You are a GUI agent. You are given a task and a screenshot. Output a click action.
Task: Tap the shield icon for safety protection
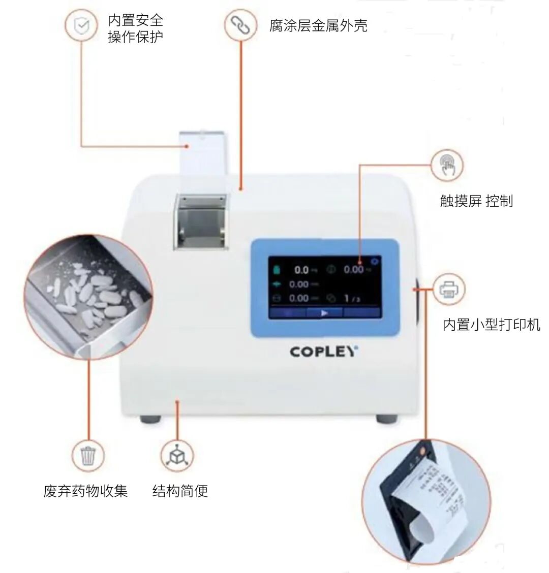point(81,26)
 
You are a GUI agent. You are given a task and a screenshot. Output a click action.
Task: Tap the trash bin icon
point(88,455)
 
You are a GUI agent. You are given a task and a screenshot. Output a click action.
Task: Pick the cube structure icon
point(177,455)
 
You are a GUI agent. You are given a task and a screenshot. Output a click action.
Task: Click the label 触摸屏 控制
point(476,201)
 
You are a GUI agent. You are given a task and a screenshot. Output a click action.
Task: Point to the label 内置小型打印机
point(491,325)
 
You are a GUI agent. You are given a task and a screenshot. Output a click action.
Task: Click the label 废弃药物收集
point(85,491)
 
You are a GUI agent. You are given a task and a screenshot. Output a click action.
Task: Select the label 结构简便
point(180,491)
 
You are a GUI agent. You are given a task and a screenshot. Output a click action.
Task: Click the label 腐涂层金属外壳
point(318,25)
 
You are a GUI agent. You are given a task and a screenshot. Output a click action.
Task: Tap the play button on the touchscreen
point(324,313)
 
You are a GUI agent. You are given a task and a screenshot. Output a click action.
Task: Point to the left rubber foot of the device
point(150,420)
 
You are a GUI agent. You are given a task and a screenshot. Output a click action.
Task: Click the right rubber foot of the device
point(386,420)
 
